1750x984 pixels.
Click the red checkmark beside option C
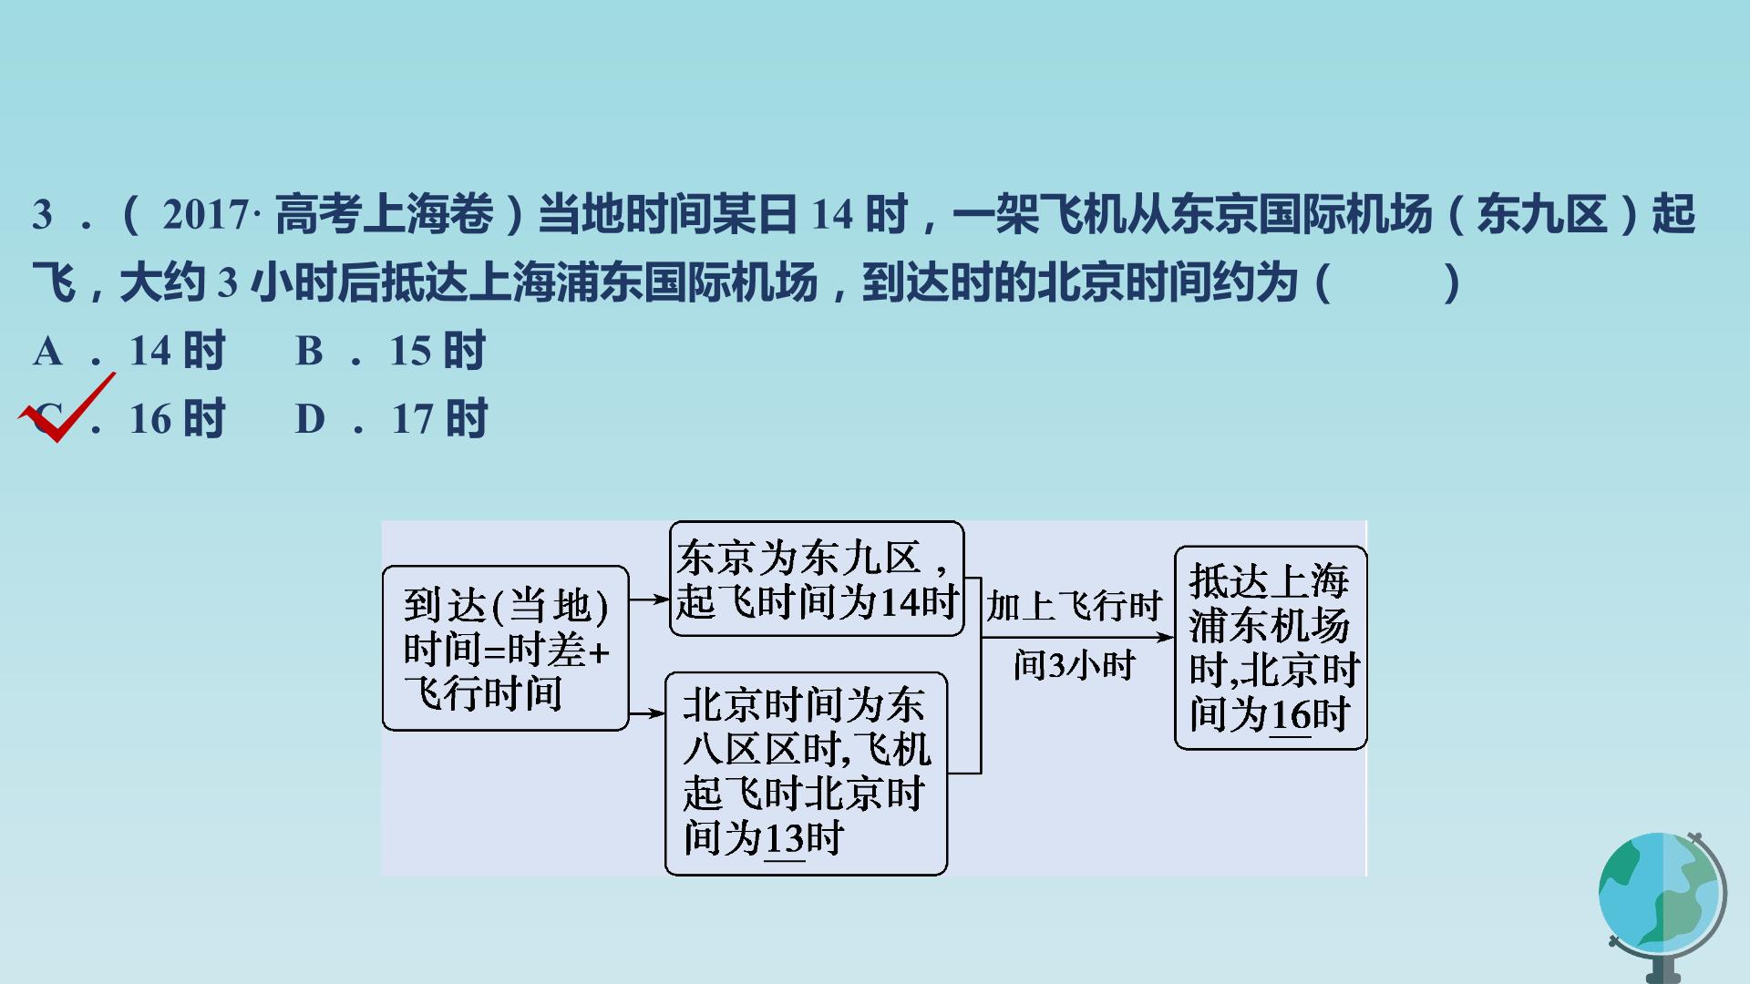pyautogui.click(x=66, y=408)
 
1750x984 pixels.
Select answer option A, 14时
pyautogui.click(x=129, y=351)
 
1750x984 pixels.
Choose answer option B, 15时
pyautogui.click(x=391, y=351)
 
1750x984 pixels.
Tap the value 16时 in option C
pyautogui.click(x=177, y=419)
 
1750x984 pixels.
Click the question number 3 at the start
pyautogui.click(x=43, y=215)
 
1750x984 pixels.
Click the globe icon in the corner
pyautogui.click(x=1662, y=907)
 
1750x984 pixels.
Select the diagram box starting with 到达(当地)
pyautogui.click(x=506, y=648)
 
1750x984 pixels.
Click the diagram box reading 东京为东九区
pyautogui.click(x=817, y=579)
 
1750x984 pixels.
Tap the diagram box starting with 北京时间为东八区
pyautogui.click(x=807, y=774)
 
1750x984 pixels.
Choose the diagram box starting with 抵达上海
pyautogui.click(x=1271, y=648)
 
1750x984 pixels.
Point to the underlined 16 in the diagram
pyautogui.click(x=1290, y=715)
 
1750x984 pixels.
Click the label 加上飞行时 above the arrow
pyautogui.click(x=1074, y=606)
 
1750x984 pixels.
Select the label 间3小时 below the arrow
pyautogui.click(x=1074, y=665)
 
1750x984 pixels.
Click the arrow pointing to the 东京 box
pyautogui.click(x=649, y=600)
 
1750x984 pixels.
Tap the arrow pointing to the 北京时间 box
pyautogui.click(x=647, y=713)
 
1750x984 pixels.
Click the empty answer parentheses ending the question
pyautogui.click(x=1388, y=283)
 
